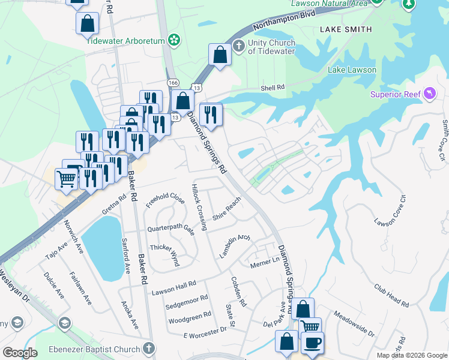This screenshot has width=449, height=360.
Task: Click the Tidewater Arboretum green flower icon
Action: coord(174,40)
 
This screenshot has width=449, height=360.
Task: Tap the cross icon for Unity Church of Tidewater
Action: coord(239,46)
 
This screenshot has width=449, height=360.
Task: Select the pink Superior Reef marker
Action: coord(430,94)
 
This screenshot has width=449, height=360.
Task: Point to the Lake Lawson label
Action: coord(352,70)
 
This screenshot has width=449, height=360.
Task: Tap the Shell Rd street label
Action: coord(272,88)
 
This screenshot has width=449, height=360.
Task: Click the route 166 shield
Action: coord(173,82)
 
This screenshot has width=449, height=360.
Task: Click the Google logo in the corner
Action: coord(20,353)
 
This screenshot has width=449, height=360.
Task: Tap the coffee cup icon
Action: coord(312,343)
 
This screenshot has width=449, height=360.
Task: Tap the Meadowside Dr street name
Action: coord(354,323)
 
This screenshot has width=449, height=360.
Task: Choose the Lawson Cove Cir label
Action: coord(391,209)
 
